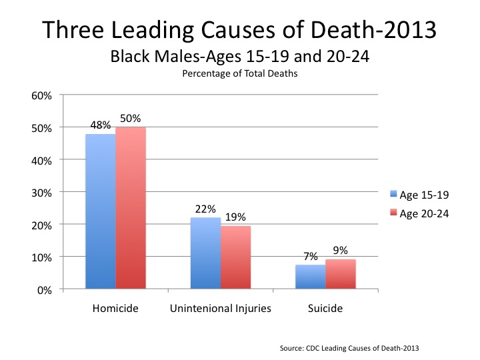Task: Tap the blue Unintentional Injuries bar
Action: (206, 253)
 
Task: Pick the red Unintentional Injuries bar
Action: (236, 257)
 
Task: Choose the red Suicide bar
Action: (341, 274)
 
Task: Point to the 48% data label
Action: (100, 125)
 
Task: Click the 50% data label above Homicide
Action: (131, 119)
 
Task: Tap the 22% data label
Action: (206, 208)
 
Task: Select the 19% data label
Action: (236, 217)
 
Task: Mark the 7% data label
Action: (311, 256)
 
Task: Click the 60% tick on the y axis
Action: (42, 95)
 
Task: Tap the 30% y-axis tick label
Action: (42, 193)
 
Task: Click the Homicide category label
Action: (115, 309)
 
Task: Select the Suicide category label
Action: (326, 309)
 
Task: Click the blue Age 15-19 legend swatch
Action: (394, 195)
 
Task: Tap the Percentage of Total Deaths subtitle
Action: (239, 74)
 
